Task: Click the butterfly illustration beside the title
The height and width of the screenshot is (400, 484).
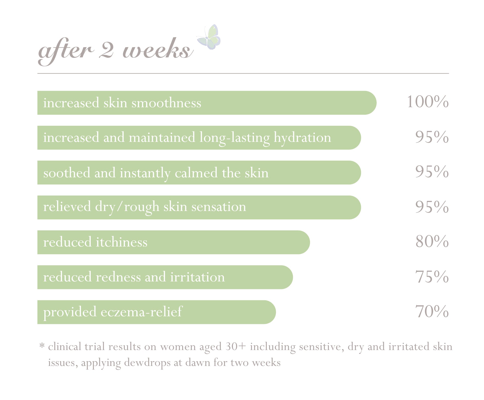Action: [209, 37]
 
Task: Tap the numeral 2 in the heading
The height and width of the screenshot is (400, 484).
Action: [106, 50]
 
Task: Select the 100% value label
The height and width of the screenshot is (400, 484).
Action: [428, 102]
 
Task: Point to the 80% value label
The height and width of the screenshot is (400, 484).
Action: [432, 241]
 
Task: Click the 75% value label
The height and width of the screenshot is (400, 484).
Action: [432, 277]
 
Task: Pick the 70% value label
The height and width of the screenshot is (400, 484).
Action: [432, 312]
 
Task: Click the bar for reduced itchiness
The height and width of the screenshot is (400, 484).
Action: [173, 242]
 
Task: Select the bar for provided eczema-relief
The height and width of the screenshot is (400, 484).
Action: [157, 312]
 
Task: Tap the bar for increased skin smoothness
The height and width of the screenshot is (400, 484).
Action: [207, 103]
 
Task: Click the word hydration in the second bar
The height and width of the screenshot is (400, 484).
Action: [302, 138]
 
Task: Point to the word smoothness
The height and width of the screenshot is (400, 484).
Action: [166, 103]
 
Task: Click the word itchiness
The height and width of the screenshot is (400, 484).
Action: [122, 242]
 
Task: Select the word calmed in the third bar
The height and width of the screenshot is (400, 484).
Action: [196, 173]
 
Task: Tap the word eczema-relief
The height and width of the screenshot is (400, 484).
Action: [141, 312]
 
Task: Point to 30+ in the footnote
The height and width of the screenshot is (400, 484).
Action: [236, 347]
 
